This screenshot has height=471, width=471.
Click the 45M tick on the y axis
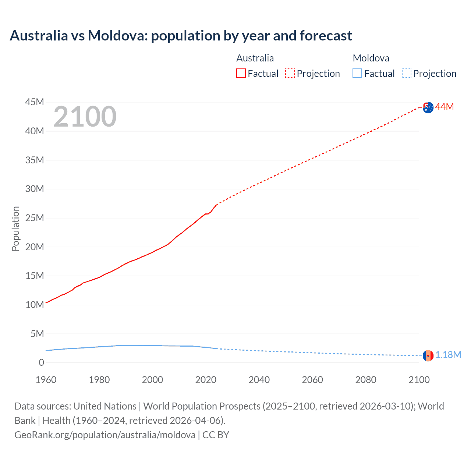click(35, 102)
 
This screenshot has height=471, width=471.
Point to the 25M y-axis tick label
click(35, 218)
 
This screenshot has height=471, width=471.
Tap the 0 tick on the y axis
click(41, 362)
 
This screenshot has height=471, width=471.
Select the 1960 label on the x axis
click(46, 380)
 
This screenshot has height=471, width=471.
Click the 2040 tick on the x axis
click(259, 380)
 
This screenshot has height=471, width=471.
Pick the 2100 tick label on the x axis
click(419, 380)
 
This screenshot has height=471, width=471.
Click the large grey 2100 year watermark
click(85, 117)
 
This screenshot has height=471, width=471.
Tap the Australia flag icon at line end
click(428, 107)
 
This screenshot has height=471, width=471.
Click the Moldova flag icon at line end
click(428, 355)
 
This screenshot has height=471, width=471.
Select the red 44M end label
click(445, 107)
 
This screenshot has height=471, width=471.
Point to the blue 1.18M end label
click(448, 355)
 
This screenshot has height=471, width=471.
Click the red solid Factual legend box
click(241, 74)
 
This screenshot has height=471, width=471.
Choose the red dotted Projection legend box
click(290, 74)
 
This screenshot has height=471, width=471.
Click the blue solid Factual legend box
click(357, 74)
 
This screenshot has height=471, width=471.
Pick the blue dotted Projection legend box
click(407, 74)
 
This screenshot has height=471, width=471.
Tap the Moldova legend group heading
click(371, 58)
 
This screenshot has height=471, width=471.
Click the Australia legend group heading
click(255, 58)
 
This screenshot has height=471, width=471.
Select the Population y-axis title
click(15, 229)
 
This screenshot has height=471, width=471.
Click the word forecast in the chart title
click(326, 36)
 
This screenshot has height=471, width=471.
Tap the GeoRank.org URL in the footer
click(105, 435)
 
